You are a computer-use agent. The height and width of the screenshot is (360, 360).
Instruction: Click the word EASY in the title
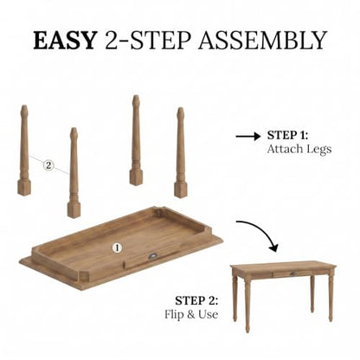click(x=65, y=40)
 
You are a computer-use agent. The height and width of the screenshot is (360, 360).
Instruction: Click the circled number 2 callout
click(x=48, y=165)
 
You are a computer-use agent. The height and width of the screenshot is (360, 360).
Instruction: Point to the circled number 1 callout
click(x=117, y=247)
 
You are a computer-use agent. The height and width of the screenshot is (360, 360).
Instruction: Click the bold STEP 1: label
click(x=287, y=135)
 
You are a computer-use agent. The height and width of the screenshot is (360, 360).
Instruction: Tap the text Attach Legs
click(x=299, y=149)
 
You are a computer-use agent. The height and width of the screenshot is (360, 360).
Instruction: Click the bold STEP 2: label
click(x=196, y=301)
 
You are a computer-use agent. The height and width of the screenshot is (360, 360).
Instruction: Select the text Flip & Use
click(x=191, y=314)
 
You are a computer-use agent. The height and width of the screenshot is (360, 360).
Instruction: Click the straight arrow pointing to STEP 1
click(x=247, y=136)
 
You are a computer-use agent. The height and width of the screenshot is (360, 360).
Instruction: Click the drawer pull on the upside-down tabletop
click(x=152, y=255)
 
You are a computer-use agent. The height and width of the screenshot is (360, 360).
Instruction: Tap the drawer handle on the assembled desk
click(x=293, y=273)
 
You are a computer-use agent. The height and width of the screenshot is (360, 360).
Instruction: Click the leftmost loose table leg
click(x=24, y=150)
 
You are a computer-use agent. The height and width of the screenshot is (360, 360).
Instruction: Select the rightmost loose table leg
click(x=181, y=152)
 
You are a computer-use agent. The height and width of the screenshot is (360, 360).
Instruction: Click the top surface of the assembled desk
click(x=284, y=266)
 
